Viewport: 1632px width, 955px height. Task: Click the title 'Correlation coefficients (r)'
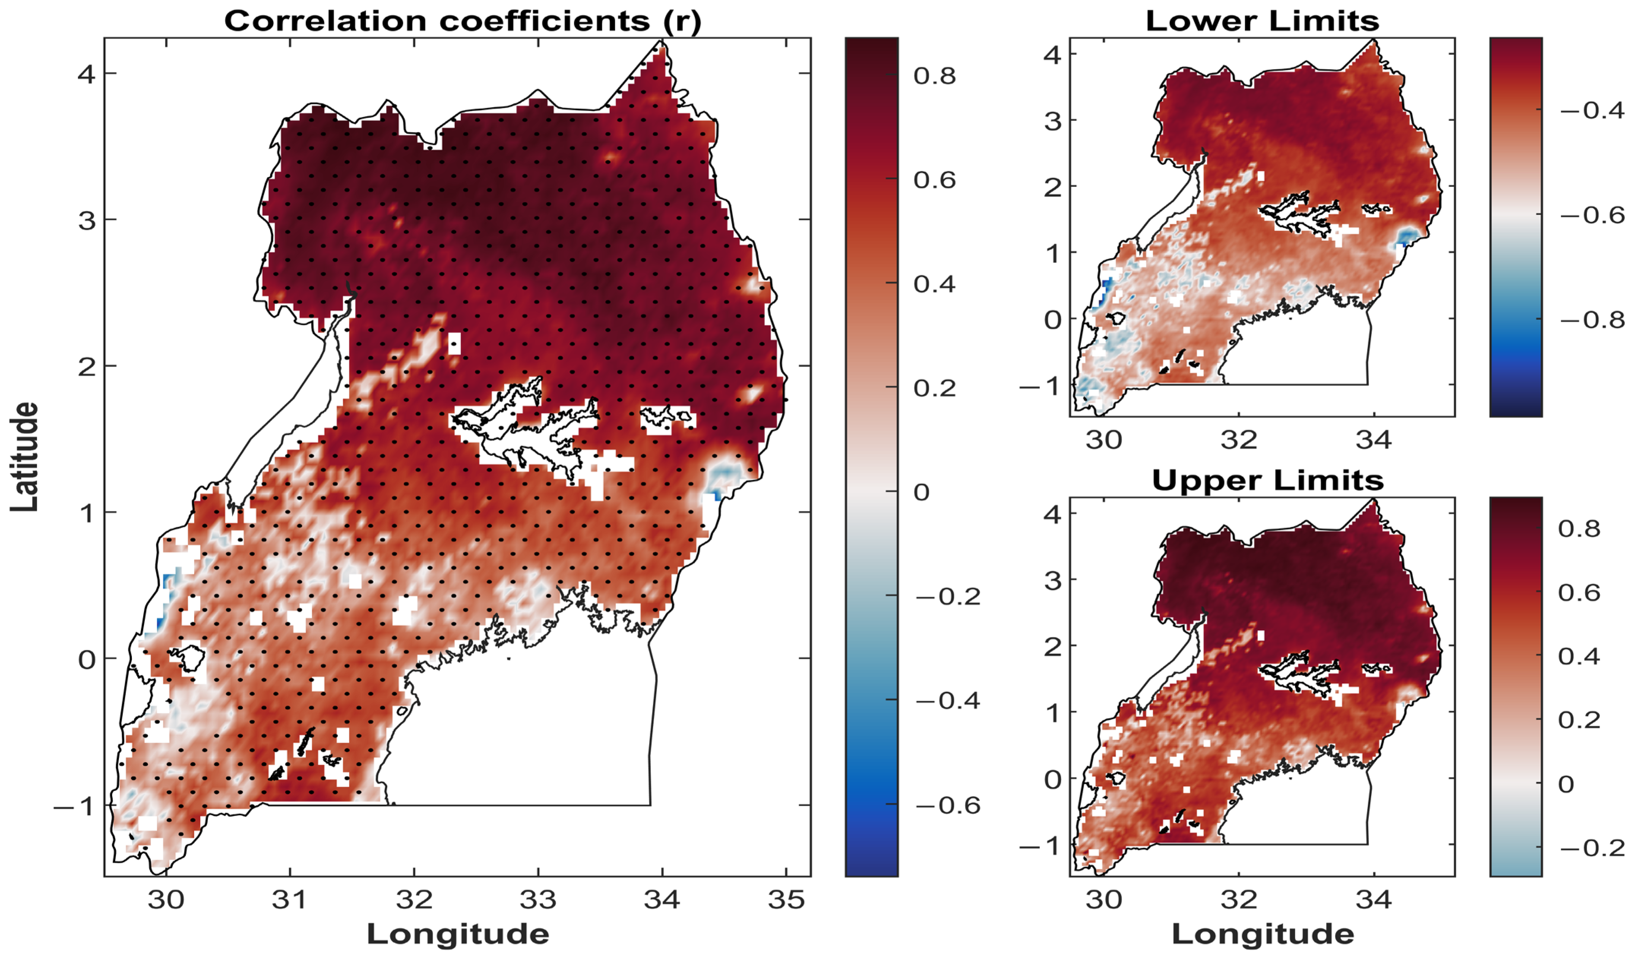462,21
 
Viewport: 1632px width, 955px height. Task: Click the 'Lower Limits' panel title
1262,21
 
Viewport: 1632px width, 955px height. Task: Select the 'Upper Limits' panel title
1267,481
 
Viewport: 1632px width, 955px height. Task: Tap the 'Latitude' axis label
25,457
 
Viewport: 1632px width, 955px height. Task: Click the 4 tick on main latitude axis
87,74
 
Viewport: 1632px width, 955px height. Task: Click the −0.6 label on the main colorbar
947,805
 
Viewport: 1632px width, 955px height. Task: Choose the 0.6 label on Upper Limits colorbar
1579,593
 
